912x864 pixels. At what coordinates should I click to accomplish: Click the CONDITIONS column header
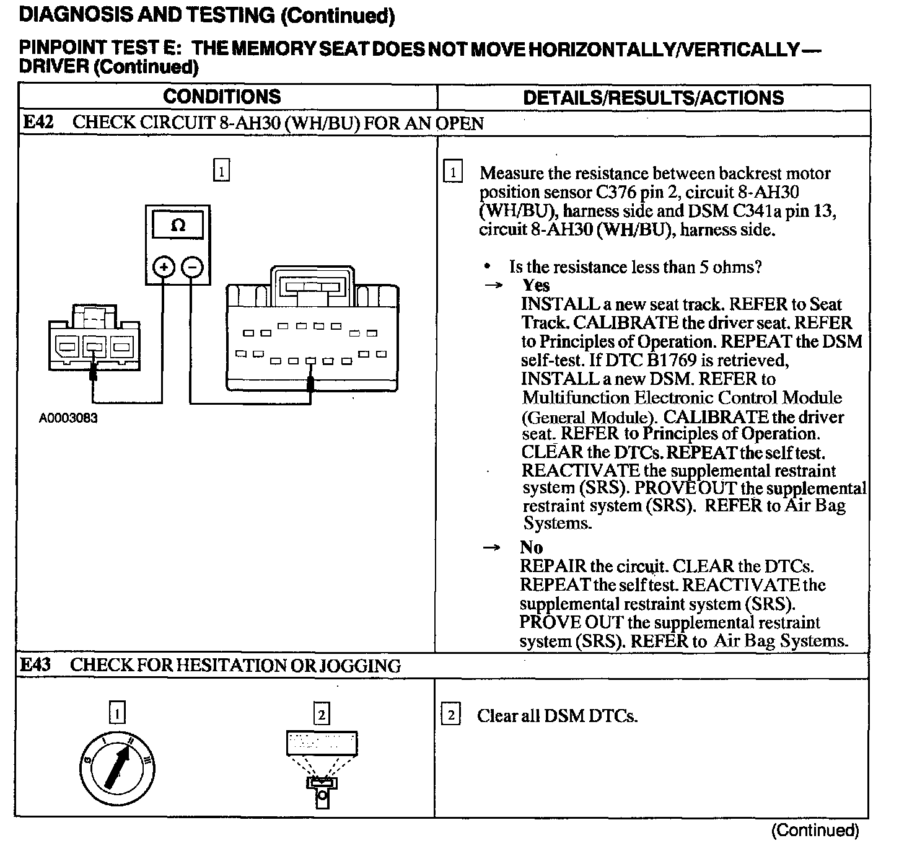pos(222,97)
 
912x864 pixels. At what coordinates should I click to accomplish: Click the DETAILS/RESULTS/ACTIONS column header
pos(653,98)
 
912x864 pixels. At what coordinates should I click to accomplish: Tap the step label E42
pos(37,122)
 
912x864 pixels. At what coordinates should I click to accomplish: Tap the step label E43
pos(35,665)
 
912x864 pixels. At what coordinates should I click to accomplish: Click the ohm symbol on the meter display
pos(178,226)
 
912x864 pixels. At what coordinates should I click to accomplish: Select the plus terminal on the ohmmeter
pos(164,267)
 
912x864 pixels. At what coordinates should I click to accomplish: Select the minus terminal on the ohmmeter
pos(193,267)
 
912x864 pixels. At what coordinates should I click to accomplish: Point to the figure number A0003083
pos(68,418)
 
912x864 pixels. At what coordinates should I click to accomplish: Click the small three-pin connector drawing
pos(94,337)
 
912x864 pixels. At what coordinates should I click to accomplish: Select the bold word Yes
pos(536,285)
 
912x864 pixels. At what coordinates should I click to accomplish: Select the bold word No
pos(532,547)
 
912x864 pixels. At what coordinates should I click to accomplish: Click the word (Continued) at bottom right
pos(815,831)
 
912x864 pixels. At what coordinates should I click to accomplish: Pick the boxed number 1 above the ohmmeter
pos(221,170)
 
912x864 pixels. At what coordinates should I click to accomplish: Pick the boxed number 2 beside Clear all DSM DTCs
pos(451,716)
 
